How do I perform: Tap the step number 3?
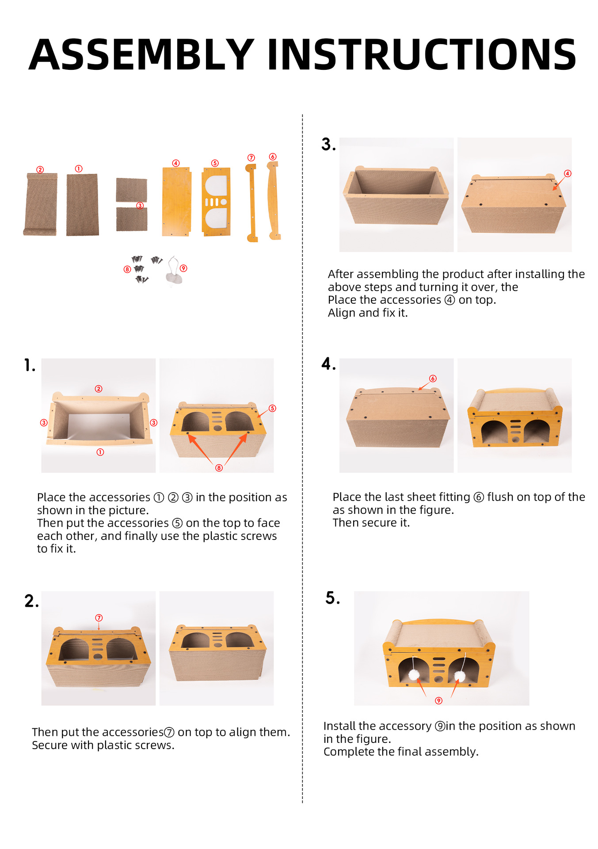tap(328, 145)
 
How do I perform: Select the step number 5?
tap(332, 598)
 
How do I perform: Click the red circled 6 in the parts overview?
tap(273, 157)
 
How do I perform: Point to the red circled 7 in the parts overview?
tap(251, 158)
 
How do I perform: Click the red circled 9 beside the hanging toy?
tap(183, 268)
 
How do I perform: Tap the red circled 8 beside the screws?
tap(127, 269)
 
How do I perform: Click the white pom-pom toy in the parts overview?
tap(174, 277)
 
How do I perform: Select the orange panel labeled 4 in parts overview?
tap(176, 202)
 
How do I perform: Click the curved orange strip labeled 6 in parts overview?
tap(274, 200)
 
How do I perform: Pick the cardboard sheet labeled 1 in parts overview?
tap(83, 204)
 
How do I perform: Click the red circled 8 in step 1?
tap(219, 468)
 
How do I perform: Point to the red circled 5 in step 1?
tap(272, 408)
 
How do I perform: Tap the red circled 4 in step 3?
tap(568, 173)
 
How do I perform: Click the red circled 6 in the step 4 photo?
tap(433, 379)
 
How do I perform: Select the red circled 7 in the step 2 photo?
tap(99, 618)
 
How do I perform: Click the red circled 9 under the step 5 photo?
tap(438, 700)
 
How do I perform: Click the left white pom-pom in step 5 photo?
tap(414, 675)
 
